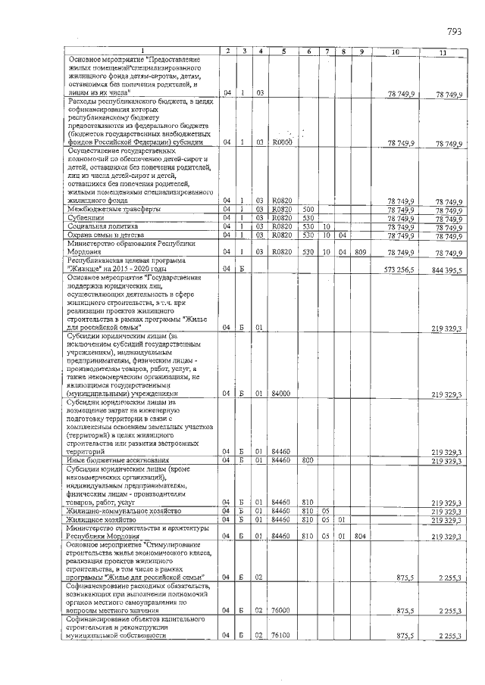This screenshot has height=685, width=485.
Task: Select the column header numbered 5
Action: coord(282,51)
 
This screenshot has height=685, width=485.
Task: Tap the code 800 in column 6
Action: coord(308,460)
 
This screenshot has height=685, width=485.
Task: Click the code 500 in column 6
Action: coord(308,209)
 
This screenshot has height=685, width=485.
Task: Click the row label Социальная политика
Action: coord(103,226)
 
